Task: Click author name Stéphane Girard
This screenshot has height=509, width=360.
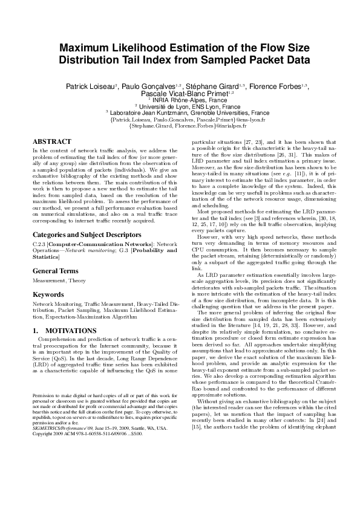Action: [x=218, y=87]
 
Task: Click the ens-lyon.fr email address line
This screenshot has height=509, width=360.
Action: [x=180, y=119]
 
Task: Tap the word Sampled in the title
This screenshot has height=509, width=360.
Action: [x=222, y=60]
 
